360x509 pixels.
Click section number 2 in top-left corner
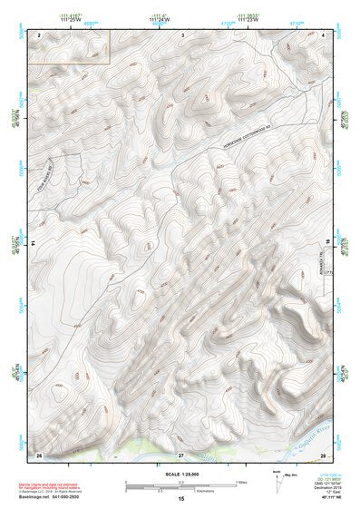point(40,34)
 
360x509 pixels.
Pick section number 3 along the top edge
point(183,34)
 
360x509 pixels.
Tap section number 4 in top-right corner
point(324,34)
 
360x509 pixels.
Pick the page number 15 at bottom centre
point(180,500)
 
